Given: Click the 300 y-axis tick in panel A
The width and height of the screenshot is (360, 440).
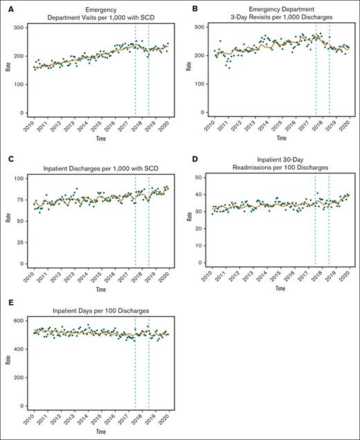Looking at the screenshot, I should (x=21, y=27).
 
